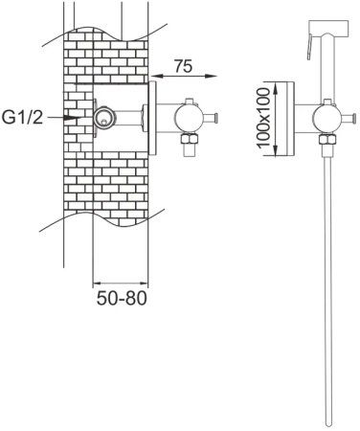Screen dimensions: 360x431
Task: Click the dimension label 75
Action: [183, 66]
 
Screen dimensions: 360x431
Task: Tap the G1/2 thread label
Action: [22, 117]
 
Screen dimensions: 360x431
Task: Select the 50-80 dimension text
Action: [122, 298]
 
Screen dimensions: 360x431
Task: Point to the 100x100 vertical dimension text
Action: [263, 119]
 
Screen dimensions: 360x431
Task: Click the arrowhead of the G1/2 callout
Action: [71, 118]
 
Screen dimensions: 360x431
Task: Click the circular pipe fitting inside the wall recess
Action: [104, 118]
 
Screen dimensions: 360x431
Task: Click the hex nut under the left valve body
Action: [190, 139]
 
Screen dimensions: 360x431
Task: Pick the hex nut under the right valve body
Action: [327, 140]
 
